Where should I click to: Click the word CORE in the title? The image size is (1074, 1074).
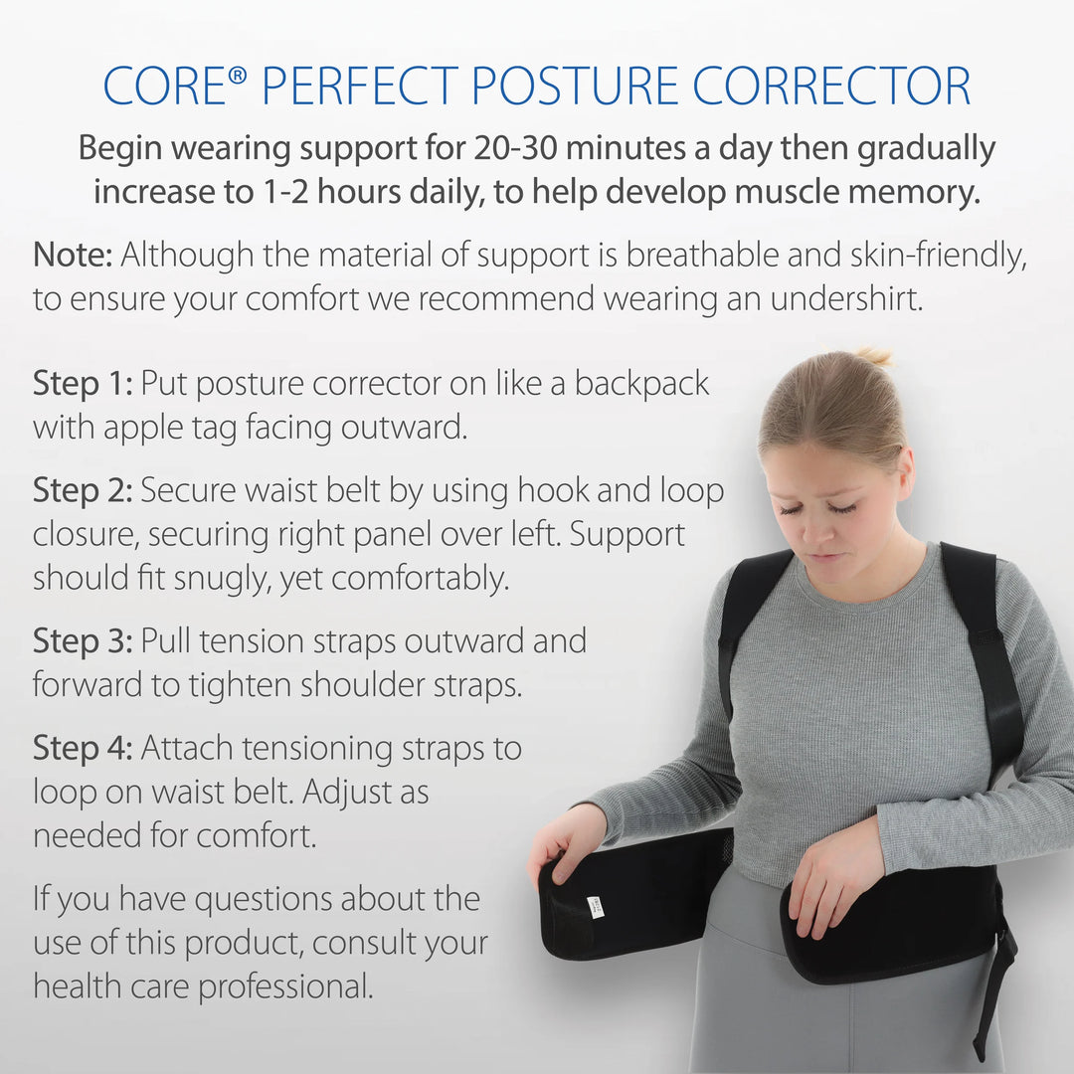(x=165, y=87)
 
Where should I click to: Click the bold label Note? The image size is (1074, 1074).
(x=73, y=255)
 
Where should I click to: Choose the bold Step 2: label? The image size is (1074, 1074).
(x=83, y=490)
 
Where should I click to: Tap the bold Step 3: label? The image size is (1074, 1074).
(x=83, y=640)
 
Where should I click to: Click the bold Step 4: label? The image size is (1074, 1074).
(x=83, y=748)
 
